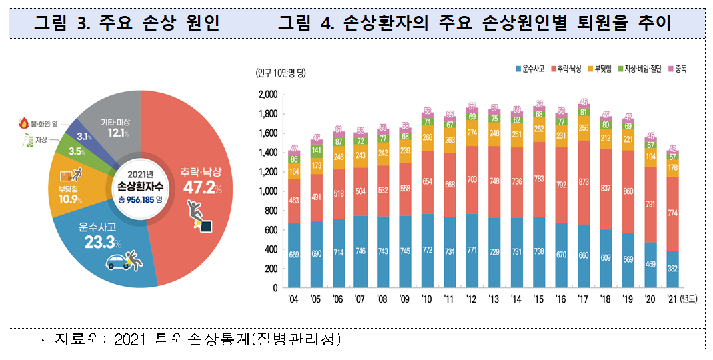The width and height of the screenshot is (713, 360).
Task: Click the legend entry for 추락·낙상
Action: coord(565,69)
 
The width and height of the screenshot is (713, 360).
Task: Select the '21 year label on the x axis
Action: coord(672,299)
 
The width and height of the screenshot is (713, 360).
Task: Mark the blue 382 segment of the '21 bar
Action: coord(672,269)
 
